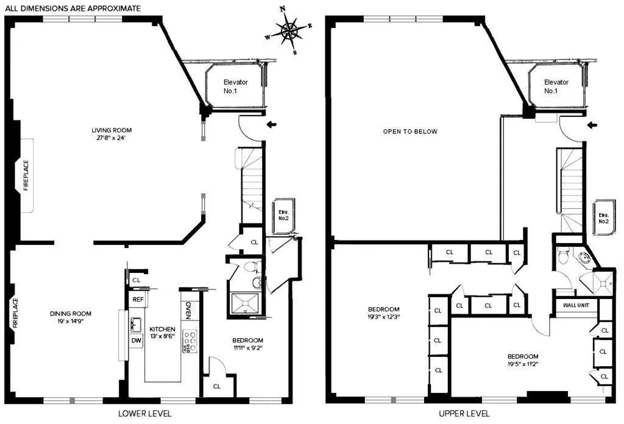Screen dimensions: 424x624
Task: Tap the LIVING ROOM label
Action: click(112, 133)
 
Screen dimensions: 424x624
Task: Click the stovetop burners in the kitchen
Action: click(190, 341)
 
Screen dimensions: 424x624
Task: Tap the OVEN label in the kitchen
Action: click(188, 309)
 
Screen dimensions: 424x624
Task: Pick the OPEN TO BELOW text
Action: click(410, 132)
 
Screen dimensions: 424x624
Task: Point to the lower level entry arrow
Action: click(272, 125)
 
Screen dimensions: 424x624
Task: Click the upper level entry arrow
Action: click(591, 125)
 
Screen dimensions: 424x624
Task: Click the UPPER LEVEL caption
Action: click(464, 413)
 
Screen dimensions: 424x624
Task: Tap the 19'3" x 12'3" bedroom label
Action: click(384, 313)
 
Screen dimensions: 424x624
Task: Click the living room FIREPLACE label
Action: click(26, 175)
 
